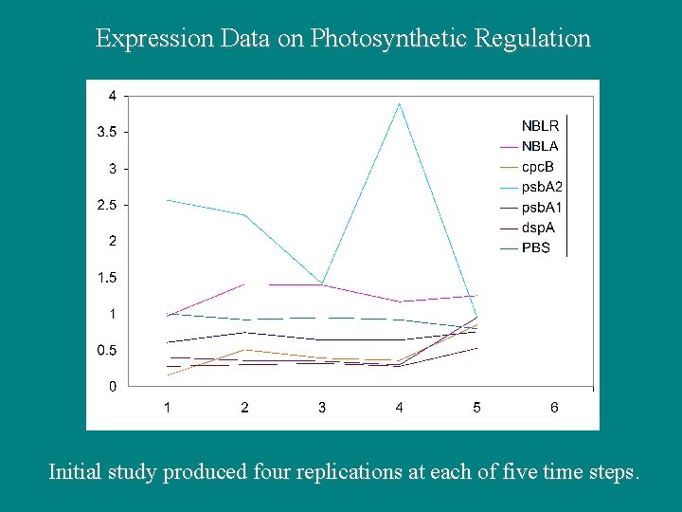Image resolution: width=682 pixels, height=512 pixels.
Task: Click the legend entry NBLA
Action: tap(540, 146)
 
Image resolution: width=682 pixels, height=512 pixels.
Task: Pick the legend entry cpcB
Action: tap(539, 166)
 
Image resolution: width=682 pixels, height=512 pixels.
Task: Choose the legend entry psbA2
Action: tap(542, 187)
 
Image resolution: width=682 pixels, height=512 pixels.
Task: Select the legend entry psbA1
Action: tap(542, 208)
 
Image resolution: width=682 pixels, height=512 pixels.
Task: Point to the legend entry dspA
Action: tap(539, 228)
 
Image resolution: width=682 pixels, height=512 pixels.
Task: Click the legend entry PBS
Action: tap(536, 248)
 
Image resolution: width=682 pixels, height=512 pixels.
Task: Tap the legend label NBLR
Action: tap(540, 125)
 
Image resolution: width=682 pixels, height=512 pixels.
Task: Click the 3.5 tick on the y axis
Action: tap(107, 132)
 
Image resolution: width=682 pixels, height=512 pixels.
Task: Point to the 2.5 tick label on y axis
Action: tap(107, 205)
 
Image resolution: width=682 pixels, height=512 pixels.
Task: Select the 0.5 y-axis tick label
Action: tap(107, 351)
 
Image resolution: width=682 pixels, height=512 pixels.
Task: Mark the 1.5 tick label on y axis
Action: tap(107, 278)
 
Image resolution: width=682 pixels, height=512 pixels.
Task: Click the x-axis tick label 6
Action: tap(554, 408)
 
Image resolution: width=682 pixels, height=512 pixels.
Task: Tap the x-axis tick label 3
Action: tap(322, 408)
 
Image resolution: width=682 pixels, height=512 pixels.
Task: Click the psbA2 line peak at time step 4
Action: tap(400, 103)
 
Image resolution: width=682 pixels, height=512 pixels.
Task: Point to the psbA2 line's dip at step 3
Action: tap(322, 283)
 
